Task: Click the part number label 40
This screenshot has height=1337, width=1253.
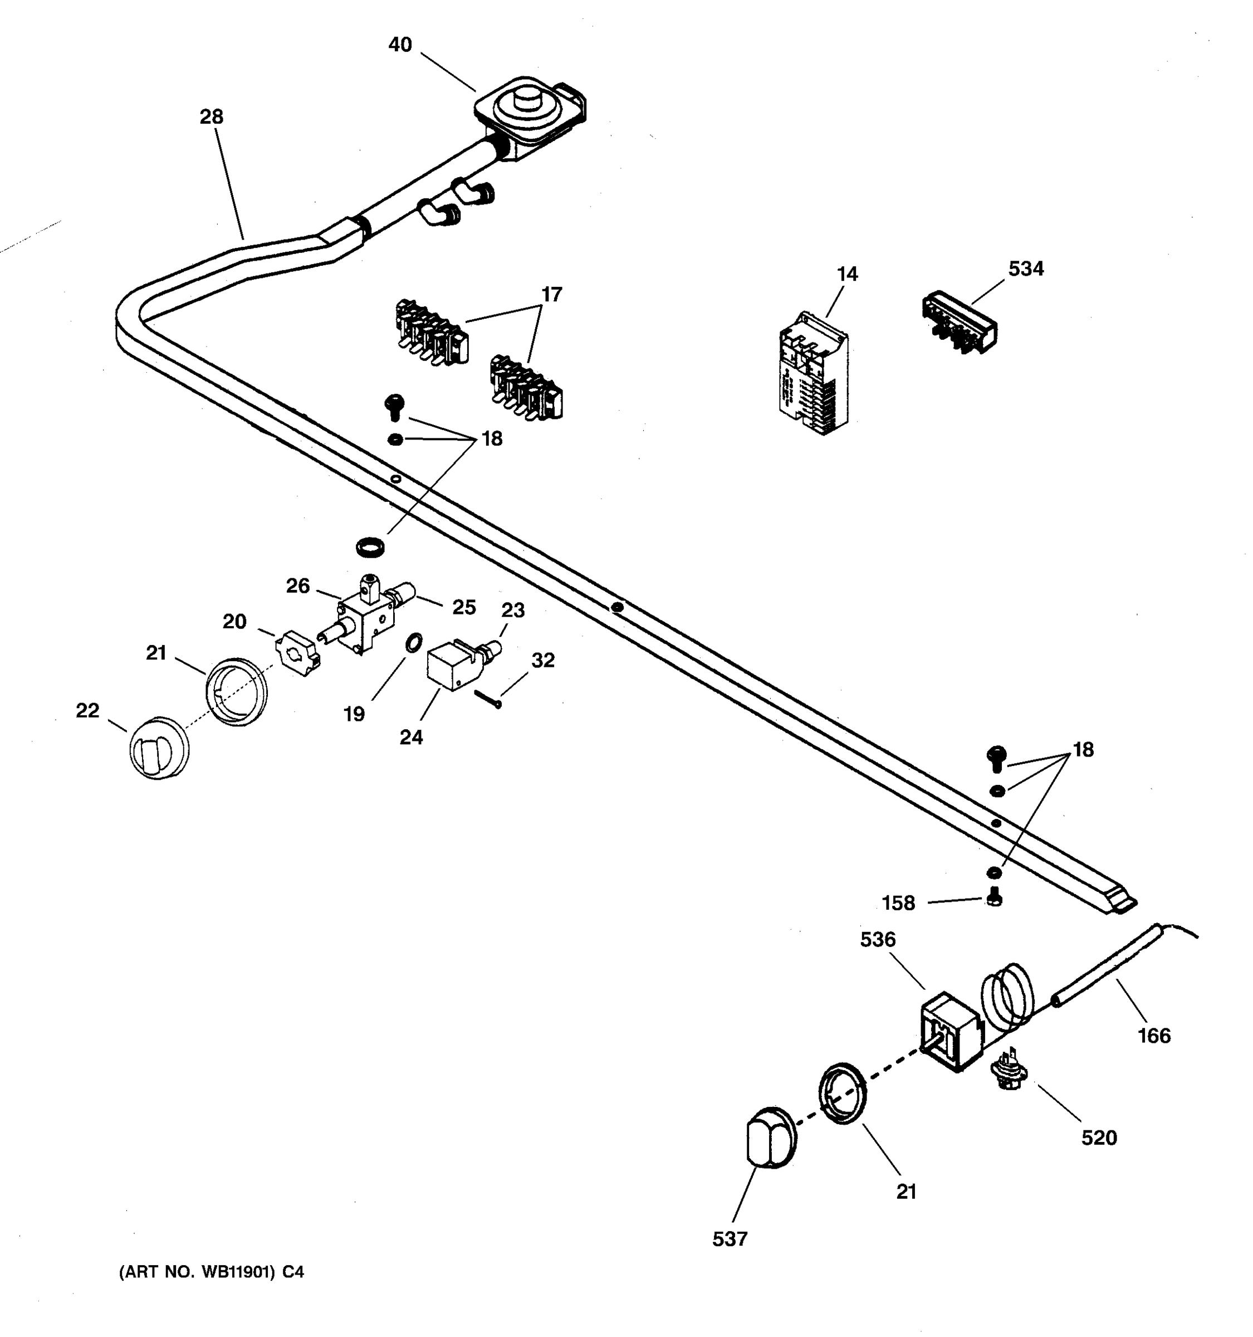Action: tap(400, 45)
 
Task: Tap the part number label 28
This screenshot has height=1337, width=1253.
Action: tap(211, 117)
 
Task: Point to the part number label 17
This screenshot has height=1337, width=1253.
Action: tap(551, 295)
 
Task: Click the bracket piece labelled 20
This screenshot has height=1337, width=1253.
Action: tap(297, 652)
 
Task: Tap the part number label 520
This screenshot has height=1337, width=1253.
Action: tap(1098, 1138)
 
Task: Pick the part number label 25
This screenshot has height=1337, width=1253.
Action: tap(463, 607)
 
